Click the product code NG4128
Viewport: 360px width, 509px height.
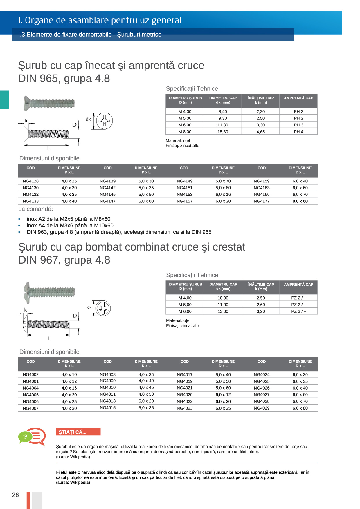click(x=30, y=181)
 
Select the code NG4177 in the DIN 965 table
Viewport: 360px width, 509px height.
click(x=262, y=201)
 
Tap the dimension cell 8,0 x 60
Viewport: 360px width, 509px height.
click(x=300, y=201)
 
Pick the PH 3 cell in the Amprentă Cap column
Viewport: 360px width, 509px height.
click(x=298, y=125)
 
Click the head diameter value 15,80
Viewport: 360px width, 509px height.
click(x=223, y=132)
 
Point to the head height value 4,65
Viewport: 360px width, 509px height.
click(x=260, y=132)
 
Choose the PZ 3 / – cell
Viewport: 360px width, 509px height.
click(x=298, y=311)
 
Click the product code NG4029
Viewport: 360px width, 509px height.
click(x=262, y=408)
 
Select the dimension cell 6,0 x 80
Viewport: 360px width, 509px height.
click(x=300, y=408)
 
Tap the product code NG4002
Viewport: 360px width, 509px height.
click(x=30, y=374)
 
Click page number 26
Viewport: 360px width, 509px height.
click(x=15, y=495)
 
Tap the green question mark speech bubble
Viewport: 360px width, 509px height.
click(x=25, y=437)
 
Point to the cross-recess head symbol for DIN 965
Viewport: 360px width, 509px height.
click(x=105, y=121)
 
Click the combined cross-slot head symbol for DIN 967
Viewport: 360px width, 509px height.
click(x=103, y=308)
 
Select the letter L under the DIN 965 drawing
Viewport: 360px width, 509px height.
click(x=49, y=148)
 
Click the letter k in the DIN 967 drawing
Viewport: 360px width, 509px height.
click(x=26, y=310)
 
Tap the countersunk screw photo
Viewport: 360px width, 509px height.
click(x=49, y=103)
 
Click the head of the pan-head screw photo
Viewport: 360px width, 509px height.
click(x=27, y=292)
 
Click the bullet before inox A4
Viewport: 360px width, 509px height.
click(x=19, y=226)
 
